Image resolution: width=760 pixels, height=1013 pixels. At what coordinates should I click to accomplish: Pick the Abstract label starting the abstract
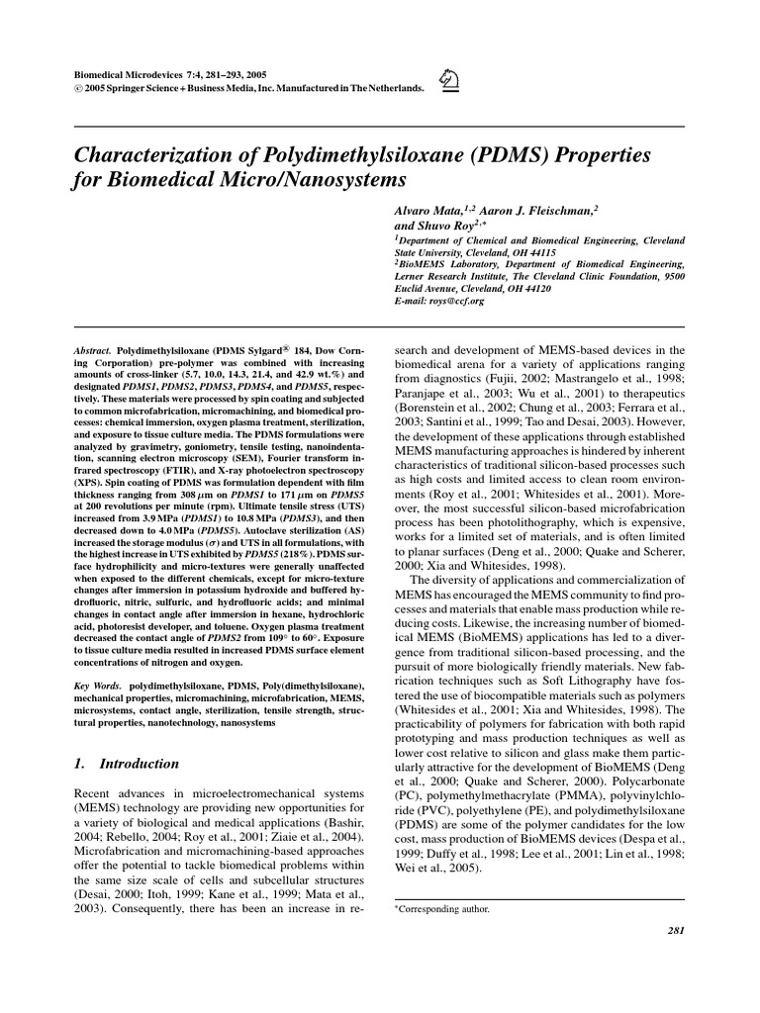click(x=93, y=351)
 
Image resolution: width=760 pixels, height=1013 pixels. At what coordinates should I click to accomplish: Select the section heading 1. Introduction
click(x=128, y=764)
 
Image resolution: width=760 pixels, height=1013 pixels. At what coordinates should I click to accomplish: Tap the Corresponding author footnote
click(x=439, y=907)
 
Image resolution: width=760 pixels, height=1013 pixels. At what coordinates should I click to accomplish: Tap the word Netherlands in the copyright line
click(x=390, y=88)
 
